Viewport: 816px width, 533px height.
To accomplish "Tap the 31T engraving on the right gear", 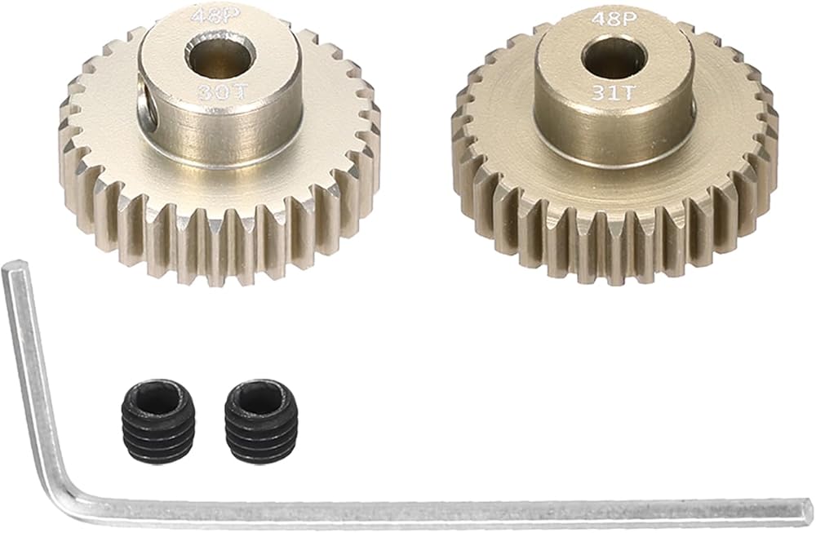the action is [x=614, y=93].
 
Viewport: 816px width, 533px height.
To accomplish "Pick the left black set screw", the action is [x=158, y=414].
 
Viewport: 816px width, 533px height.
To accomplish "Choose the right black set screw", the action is [x=259, y=414].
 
